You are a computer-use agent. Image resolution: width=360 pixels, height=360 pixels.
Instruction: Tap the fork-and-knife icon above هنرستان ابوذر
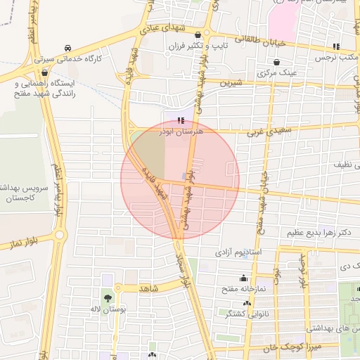tap(181, 120)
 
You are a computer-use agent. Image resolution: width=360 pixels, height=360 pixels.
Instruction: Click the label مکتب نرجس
tap(337, 58)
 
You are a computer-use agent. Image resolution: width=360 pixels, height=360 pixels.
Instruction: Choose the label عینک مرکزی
tap(278, 72)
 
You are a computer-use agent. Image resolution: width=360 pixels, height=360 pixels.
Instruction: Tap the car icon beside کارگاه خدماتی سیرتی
tap(67, 48)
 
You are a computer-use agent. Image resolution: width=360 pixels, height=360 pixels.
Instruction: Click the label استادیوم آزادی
tap(239, 251)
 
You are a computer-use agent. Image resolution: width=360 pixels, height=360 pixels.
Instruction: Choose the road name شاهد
tap(150, 288)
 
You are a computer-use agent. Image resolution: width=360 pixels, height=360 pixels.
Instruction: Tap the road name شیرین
tap(230, 83)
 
